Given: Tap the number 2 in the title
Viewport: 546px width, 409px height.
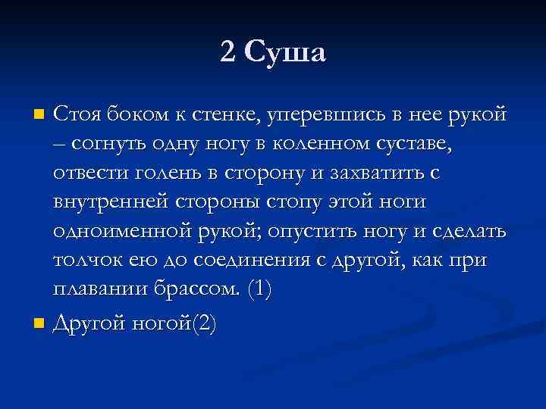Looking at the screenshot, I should tap(228, 52).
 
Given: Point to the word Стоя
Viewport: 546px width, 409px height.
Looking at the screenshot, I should tap(76, 115).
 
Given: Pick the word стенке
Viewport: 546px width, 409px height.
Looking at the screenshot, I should tap(220, 115).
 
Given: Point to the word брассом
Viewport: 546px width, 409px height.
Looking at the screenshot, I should tap(199, 289).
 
